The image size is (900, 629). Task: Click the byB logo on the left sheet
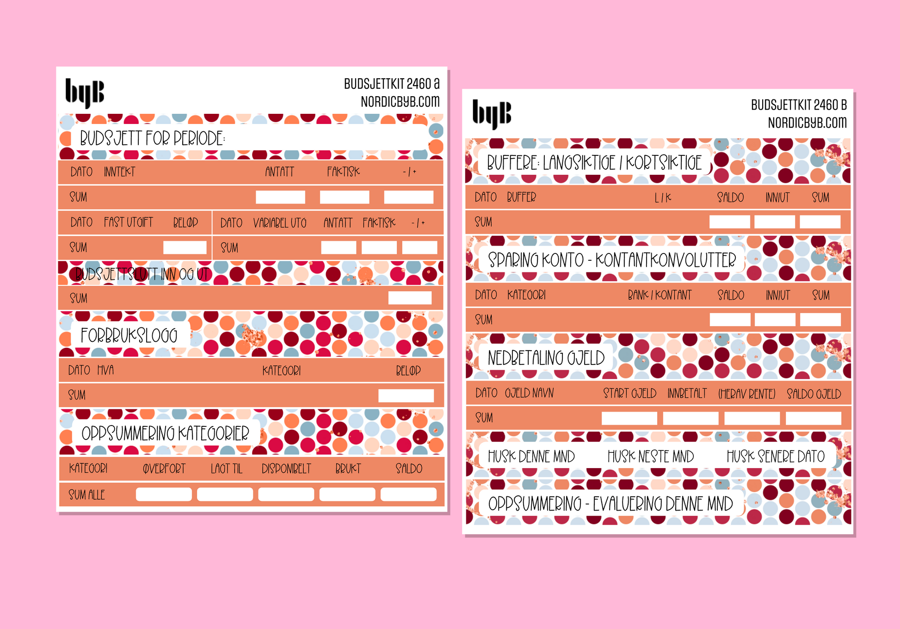coord(85,92)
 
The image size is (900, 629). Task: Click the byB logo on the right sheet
coord(492,113)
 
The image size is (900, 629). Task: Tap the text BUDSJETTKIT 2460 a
coord(391,84)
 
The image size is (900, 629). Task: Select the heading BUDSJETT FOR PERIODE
coord(152,138)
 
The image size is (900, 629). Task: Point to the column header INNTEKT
coord(119,172)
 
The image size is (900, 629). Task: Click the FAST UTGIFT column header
coord(128,222)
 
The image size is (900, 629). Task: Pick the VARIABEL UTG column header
coord(280,223)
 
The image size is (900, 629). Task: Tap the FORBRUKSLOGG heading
coord(129,335)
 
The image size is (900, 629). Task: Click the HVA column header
coord(105,370)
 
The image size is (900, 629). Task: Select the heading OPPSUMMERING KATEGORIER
coord(165,433)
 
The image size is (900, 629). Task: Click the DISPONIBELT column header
coord(286,469)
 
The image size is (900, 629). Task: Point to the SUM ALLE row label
coord(87,495)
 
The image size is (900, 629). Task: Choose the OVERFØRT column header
coord(164,469)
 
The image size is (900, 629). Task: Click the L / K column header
coord(663,198)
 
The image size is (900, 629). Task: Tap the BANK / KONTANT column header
coord(660,295)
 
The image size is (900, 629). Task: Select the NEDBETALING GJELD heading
coord(546,358)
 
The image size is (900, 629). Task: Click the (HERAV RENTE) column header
coord(746,394)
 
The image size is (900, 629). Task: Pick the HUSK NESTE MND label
coord(651,457)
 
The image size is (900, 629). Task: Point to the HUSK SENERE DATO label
coord(776,457)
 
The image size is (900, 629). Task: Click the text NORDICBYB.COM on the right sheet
coord(807,123)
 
